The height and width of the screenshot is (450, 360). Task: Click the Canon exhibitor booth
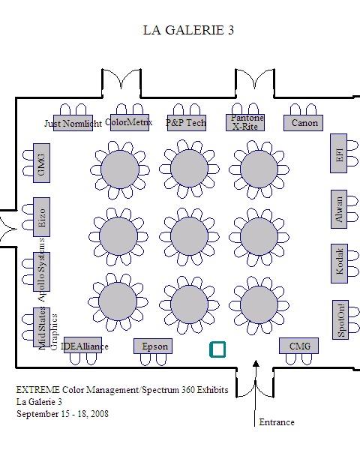303,123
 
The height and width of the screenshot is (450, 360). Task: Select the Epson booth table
153,346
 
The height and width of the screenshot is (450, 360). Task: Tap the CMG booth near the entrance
298,346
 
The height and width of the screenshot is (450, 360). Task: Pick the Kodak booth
339,263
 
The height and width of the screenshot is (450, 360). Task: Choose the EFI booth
338,153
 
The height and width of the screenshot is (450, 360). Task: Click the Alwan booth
339,209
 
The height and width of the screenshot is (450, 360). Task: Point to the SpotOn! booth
340,319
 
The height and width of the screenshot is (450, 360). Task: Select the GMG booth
42,163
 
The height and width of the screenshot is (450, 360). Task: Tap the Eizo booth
42,217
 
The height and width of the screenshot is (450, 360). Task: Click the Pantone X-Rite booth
245,123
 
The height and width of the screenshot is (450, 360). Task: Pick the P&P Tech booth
187,123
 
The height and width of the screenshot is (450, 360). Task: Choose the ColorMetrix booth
130,123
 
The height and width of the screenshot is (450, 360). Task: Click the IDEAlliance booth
82,345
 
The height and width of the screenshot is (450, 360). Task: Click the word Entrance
277,422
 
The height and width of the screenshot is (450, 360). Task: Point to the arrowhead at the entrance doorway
256,364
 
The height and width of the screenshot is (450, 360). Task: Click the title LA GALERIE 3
188,30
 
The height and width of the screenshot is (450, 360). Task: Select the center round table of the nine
189,236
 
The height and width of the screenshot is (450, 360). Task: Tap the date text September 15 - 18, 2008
62,414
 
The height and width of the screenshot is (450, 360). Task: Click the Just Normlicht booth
73,123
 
